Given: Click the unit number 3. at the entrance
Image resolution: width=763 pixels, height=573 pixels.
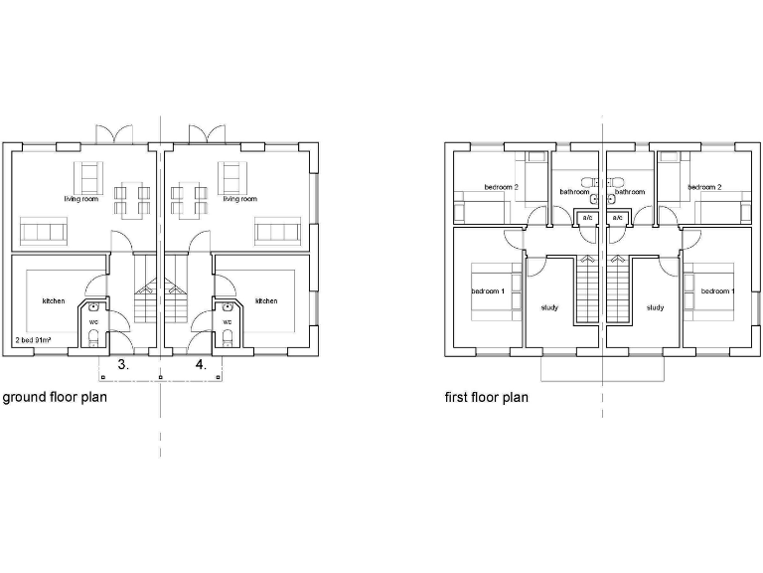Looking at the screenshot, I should (x=122, y=365).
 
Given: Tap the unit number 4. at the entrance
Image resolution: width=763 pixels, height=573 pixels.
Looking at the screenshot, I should (x=201, y=365).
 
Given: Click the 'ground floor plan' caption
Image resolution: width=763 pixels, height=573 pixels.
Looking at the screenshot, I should (x=55, y=397).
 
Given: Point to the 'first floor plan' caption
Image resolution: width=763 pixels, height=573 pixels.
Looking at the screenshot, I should (x=487, y=397).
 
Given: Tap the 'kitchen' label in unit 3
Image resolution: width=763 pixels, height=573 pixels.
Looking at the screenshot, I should (x=53, y=300).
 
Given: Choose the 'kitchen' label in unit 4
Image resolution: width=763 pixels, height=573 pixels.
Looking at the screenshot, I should (x=266, y=300).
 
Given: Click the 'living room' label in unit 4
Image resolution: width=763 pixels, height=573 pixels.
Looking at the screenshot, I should (x=239, y=199).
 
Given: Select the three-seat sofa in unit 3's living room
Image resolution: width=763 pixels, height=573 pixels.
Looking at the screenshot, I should (x=43, y=233).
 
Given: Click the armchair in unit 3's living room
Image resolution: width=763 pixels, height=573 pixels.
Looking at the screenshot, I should (x=90, y=176).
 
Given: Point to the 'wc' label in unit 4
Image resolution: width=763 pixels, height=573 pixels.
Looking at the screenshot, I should (x=228, y=321).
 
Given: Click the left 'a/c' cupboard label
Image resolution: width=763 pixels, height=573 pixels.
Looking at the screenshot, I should (x=587, y=217).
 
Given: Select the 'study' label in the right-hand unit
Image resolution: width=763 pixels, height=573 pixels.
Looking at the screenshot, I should (x=655, y=307).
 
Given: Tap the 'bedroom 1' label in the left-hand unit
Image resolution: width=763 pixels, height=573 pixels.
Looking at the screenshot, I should (x=488, y=290).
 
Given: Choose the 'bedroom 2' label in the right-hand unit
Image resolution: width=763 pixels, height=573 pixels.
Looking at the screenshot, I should (x=704, y=187).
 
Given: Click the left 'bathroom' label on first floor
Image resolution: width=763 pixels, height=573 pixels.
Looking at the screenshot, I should (x=574, y=192).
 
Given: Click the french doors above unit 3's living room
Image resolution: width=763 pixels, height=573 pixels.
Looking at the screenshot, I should (x=110, y=133).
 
